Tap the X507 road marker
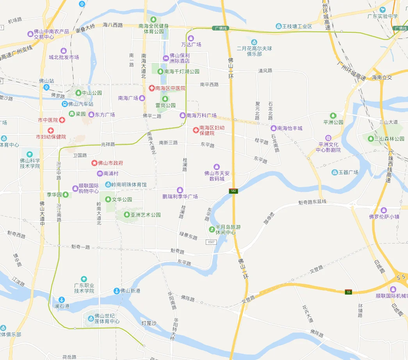211,242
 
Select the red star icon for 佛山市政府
94,163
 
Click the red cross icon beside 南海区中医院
151,88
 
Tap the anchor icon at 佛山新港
116,291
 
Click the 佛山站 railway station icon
46,87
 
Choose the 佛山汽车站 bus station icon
65,104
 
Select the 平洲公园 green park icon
333,116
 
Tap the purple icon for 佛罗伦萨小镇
383,210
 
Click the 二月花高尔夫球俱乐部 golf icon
254,42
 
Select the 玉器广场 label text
348,172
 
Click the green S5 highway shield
348,292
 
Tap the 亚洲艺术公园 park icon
127,215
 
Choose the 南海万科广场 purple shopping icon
182,115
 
